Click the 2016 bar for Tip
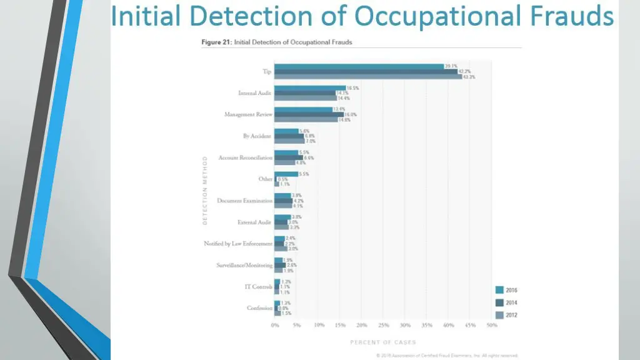click(359, 66)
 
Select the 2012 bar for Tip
click(368, 77)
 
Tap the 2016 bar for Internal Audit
click(310, 88)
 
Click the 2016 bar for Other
click(286, 174)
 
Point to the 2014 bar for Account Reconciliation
click(289, 157)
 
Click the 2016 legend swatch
click(499, 290)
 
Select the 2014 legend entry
click(506, 302)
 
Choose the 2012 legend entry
click(506, 315)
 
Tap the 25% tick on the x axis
click(383, 326)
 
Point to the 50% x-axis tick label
click(492, 326)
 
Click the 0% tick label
click(275, 326)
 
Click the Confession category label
click(259, 308)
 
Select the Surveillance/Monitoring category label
click(244, 265)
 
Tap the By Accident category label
click(257, 136)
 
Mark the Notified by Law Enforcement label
click(238, 243)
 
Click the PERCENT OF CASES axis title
click(382, 342)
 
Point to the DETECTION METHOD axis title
click(205, 191)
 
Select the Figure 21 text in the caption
click(216, 42)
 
